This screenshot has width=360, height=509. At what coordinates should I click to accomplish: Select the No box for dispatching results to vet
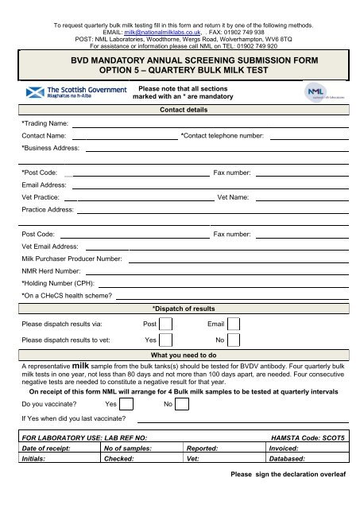pyautogui.click(x=234, y=340)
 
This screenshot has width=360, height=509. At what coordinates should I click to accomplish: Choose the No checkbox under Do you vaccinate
pyautogui.click(x=181, y=404)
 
